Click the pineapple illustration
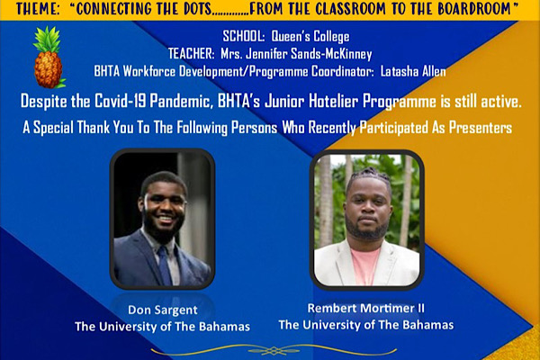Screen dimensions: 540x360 (49, 58)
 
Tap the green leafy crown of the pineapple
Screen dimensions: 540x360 (47, 39)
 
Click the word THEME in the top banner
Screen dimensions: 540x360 (38, 9)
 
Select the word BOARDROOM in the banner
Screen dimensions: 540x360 (474, 9)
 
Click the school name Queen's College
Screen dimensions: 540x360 (310, 37)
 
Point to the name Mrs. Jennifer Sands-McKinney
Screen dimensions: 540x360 (296, 54)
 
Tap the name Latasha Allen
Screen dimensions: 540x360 (413, 71)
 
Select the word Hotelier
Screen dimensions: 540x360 (333, 102)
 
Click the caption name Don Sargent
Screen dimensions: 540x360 (163, 310)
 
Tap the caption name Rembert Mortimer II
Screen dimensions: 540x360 (365, 309)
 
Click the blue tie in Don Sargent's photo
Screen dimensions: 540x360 (165, 266)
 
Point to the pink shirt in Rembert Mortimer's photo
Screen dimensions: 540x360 (365, 266)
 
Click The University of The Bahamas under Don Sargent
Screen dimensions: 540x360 (162, 326)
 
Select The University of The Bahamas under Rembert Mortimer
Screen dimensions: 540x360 (366, 325)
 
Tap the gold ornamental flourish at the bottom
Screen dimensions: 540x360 (274, 351)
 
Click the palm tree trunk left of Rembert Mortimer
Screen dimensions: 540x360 (326, 200)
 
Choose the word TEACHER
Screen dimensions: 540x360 (191, 54)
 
